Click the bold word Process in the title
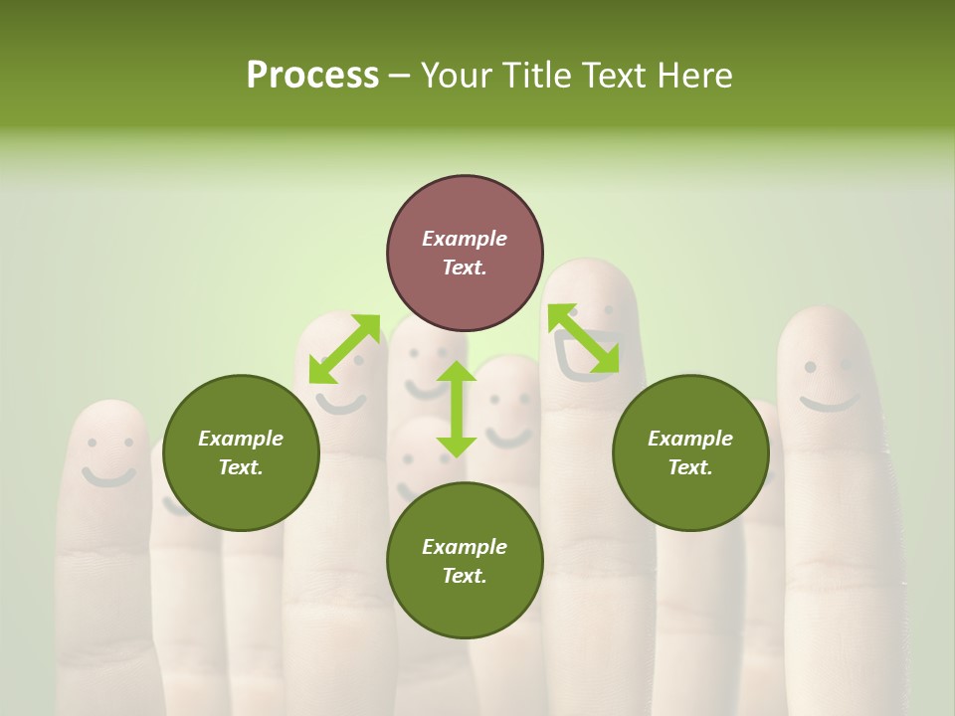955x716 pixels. point(312,76)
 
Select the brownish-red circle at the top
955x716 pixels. point(465,253)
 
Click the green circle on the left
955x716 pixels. point(241,452)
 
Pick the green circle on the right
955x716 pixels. point(690,452)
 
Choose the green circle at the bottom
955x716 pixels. point(465,561)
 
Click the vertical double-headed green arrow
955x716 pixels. point(457,409)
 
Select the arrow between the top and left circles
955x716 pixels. point(344,349)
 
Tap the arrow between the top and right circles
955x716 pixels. point(584,338)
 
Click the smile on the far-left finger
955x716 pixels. point(107,476)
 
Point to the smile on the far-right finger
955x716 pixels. point(830,403)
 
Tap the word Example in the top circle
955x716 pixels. point(465,239)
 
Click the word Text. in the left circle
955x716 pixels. point(241,467)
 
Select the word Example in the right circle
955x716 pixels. point(690,439)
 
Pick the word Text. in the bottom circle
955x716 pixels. point(465,576)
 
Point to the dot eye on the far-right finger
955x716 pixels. point(811,367)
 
